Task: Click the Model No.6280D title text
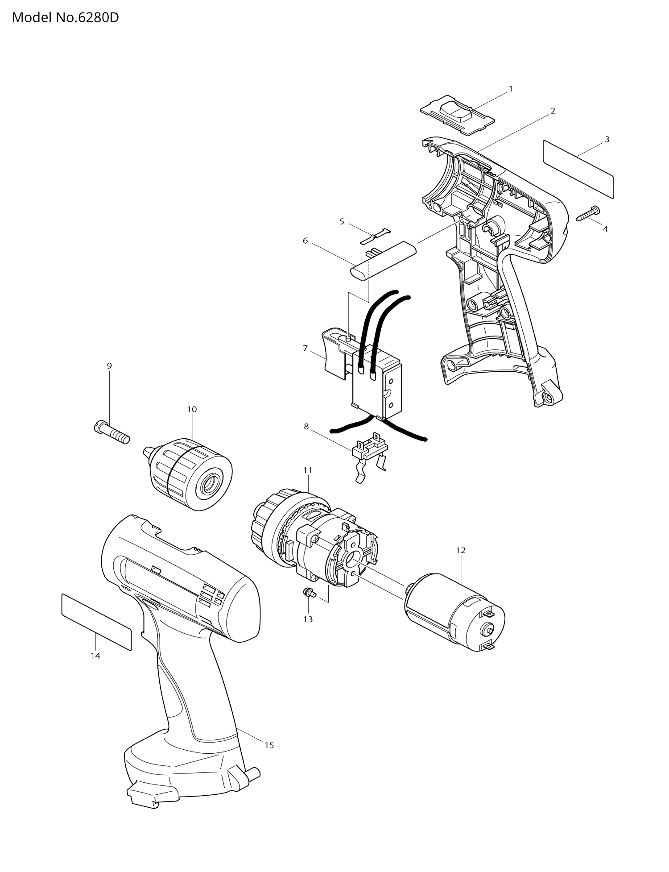[65, 18]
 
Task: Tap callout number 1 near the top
[511, 89]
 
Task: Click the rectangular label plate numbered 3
[578, 168]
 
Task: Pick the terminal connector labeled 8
[369, 455]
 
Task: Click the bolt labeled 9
[112, 432]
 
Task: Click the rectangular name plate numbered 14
[96, 621]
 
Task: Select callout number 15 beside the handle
[269, 745]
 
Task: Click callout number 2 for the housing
[553, 111]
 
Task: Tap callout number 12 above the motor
[461, 550]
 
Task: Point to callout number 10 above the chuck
[192, 409]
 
